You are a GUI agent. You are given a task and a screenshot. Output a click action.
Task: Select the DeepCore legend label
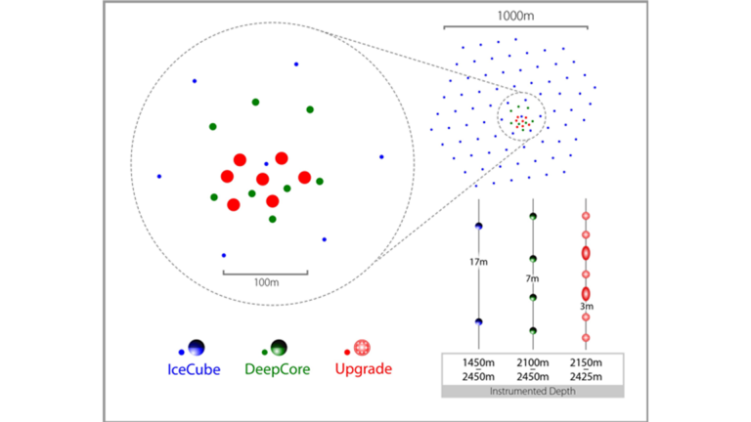[x=279, y=370]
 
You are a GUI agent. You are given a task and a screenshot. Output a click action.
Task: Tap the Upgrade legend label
[x=364, y=370]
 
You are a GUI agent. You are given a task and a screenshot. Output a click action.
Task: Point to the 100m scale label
[x=265, y=281]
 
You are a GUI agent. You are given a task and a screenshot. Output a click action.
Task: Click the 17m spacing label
[x=478, y=262]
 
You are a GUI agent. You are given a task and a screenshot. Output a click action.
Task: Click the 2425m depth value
[x=587, y=377]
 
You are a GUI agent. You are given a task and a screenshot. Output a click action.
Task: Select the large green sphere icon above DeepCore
[x=279, y=347]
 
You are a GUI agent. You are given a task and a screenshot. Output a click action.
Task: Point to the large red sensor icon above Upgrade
[x=364, y=347]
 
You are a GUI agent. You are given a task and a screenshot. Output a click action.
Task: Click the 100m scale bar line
[x=265, y=273]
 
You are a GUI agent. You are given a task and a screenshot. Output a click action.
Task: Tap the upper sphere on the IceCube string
[x=478, y=227]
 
